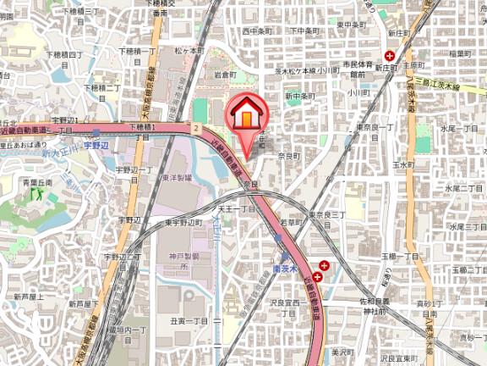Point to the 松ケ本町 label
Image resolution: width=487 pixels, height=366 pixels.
pos(189,51)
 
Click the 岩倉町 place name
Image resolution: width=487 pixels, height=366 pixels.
pos(224,75)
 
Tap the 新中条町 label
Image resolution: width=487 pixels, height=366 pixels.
pos(298,96)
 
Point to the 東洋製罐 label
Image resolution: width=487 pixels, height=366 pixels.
pos(175,178)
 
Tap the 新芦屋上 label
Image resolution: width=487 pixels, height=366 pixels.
pos(29,297)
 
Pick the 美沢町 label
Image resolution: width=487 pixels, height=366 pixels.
pos(342,351)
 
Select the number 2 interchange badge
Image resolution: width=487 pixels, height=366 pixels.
pos(195,127)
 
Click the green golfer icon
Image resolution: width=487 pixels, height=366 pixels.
pos(36,194)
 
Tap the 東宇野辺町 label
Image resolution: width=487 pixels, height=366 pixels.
pos(183,222)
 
